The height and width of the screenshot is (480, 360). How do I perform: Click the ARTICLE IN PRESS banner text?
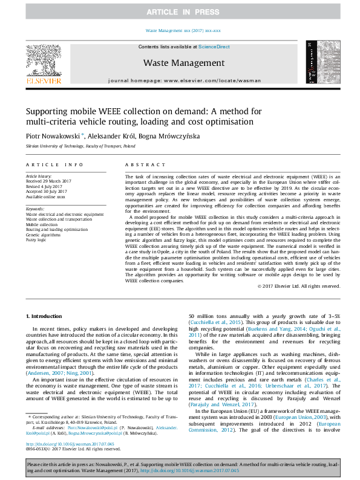coord(180,13)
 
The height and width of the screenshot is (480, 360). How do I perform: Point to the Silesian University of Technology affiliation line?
coord(80,146)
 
